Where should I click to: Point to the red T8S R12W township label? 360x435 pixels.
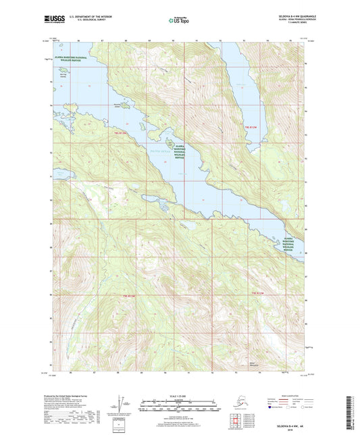(x=251, y=127)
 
